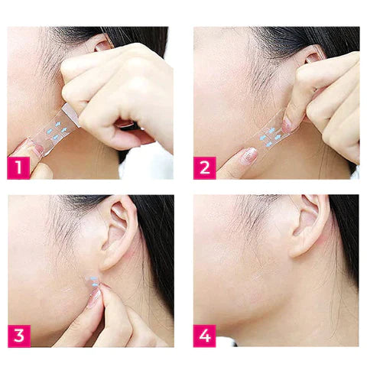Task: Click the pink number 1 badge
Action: [19, 168]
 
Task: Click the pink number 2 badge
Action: [205, 168]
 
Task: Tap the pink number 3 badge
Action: [19, 336]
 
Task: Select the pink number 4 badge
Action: [205, 336]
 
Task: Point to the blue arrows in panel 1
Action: [57, 132]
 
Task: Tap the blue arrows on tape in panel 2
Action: [271, 138]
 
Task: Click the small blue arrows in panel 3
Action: [93, 281]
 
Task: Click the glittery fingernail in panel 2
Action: [248, 155]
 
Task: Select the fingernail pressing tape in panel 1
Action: [38, 150]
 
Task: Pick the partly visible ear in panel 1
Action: [103, 44]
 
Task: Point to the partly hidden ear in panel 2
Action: [313, 57]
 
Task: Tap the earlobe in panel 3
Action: [107, 261]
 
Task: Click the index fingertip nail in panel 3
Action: [94, 297]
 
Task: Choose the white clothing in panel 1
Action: [147, 162]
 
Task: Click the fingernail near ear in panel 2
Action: [287, 125]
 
